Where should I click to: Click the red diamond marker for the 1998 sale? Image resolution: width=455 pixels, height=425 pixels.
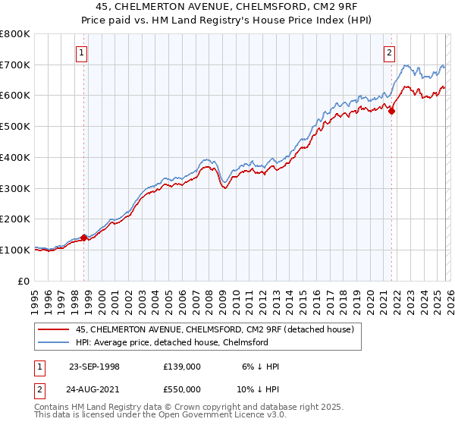coord(83,238)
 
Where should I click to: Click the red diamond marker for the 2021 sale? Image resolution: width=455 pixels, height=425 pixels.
coord(392,111)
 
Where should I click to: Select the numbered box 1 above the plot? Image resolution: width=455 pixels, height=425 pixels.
coord(81,52)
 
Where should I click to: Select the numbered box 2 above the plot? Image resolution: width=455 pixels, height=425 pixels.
coord(389,52)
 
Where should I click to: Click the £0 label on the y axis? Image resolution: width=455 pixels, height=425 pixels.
coord(24,281)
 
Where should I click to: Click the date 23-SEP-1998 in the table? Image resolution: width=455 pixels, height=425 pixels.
coord(94,367)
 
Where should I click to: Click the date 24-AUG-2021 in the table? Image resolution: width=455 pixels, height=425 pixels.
coord(94,389)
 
